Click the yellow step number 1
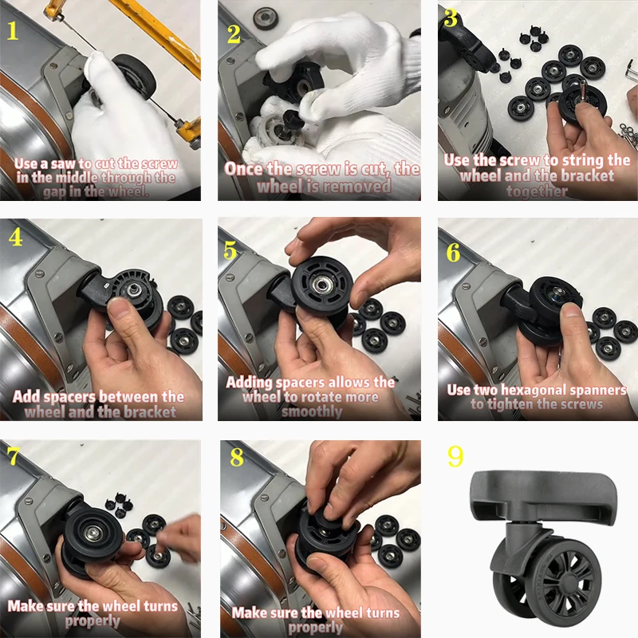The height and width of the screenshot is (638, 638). click(13, 31)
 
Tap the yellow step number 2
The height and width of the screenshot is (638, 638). click(234, 34)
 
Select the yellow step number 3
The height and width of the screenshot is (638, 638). click(451, 18)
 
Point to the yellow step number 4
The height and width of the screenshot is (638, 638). click(15, 237)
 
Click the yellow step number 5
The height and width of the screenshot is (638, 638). click(230, 250)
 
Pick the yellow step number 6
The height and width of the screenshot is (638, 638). click(453, 253)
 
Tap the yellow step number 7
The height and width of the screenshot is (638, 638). click(14, 456)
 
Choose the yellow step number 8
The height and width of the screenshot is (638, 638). click(236, 457)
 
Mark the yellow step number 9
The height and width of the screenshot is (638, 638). click(455, 456)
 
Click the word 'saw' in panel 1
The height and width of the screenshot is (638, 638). click(63, 163)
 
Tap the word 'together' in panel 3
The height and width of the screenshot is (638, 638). click(537, 191)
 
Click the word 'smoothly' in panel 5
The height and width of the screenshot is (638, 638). click(312, 412)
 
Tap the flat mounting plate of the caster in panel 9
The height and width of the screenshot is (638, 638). click(543, 495)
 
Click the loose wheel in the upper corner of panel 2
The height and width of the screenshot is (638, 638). click(266, 18)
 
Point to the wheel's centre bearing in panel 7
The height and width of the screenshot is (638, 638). click(93, 533)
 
